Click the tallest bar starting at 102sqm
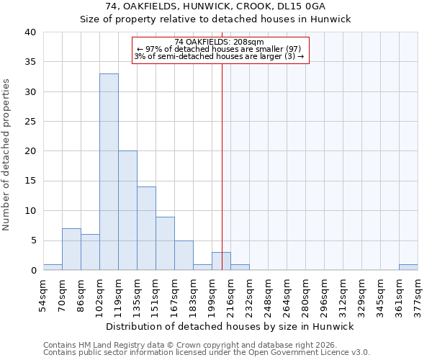click(109, 172)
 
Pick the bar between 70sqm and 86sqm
click(71, 249)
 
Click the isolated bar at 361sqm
click(408, 267)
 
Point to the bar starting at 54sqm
click(53, 267)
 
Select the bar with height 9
click(165, 243)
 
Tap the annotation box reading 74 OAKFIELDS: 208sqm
click(221, 50)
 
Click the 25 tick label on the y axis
click(30, 122)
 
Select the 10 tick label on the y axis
click(30, 211)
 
